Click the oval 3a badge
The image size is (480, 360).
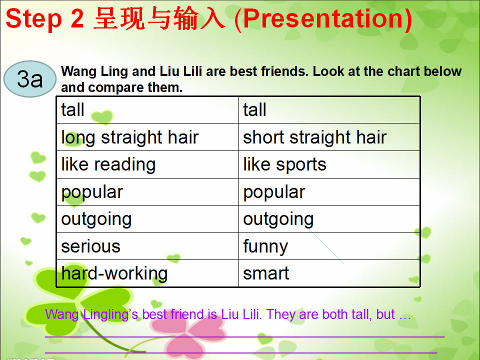30,79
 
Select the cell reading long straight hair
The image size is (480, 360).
147,137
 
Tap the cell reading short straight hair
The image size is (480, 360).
329,137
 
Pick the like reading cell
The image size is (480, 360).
147,164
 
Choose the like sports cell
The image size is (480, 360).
329,164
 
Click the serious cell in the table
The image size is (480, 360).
147,246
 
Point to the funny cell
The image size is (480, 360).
329,246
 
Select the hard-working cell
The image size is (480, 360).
147,273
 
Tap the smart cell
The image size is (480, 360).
329,273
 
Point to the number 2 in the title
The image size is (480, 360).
77,18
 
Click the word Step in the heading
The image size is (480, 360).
33,19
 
